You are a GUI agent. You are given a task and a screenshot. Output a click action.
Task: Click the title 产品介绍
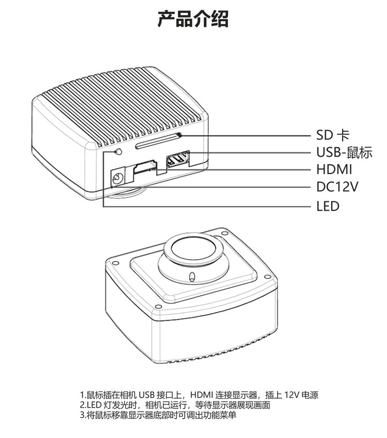coord(193,19)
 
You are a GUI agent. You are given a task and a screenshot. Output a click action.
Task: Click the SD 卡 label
coord(333,135)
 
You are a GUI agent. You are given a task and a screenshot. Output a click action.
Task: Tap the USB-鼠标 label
coord(344,152)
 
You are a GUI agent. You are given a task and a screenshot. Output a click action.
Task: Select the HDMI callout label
coord(334,169)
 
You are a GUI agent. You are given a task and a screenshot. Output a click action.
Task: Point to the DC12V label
coord(337,186)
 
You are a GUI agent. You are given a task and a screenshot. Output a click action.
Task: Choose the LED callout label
coord(328,206)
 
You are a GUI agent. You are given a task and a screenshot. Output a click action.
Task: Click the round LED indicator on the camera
coord(119,152)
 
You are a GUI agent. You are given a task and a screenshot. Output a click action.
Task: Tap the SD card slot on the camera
coord(158,140)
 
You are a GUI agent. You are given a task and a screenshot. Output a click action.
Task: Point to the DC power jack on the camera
coord(118,176)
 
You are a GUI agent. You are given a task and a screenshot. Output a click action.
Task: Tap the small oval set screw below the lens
coord(191,277)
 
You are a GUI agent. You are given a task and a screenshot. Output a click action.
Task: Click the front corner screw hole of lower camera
coord(158,306)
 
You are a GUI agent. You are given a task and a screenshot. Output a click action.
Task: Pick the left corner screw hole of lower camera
coord(114,263)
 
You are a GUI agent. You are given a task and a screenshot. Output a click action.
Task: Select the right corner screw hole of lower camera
coord(267,277)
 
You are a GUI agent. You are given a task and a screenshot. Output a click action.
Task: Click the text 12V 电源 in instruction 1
coord(301,395)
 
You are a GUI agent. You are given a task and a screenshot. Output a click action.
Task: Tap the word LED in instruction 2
coord(93,405)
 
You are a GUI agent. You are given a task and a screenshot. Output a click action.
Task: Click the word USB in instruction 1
coord(147,395)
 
